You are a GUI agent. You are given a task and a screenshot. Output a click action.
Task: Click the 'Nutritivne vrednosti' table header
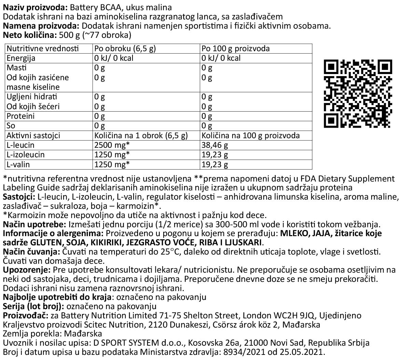coord(43,48)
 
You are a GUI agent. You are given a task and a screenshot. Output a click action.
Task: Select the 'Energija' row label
coord(21,58)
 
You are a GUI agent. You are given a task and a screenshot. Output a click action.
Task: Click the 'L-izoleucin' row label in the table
coord(26,155)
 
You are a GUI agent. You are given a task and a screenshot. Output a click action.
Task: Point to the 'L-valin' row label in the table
coord(18,164)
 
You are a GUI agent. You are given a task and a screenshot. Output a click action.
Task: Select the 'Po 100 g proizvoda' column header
coord(236,48)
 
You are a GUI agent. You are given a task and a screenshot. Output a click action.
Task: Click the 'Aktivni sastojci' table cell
coord(33,135)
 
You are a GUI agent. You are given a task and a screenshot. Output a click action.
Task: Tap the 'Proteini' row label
coord(20,116)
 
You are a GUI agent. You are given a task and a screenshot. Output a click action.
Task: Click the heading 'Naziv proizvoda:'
coord(32,8)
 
